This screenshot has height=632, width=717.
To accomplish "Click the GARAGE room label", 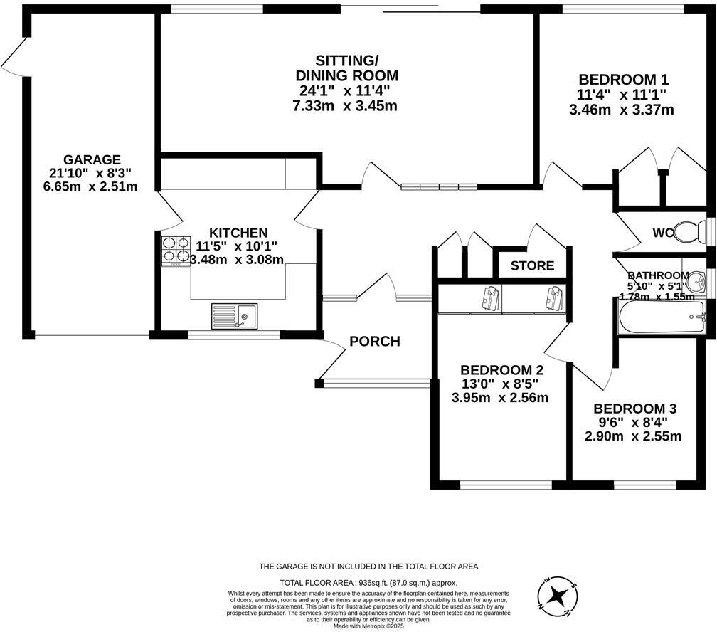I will [92, 159].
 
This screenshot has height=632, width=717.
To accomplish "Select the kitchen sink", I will [234, 315].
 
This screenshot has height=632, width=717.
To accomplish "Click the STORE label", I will [532, 265].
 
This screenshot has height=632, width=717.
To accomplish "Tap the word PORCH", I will [375, 342].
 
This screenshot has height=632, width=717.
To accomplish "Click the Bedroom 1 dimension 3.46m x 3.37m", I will [621, 110].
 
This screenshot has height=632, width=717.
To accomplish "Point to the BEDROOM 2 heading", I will [501, 370].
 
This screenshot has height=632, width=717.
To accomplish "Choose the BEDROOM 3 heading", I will [634, 409].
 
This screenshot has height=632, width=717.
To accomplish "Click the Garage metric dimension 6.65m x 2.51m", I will [90, 186].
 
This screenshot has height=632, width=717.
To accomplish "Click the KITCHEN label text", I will [238, 233].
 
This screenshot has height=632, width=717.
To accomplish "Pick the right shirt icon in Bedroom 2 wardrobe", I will [554, 297].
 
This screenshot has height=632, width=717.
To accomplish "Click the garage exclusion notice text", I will [368, 567].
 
